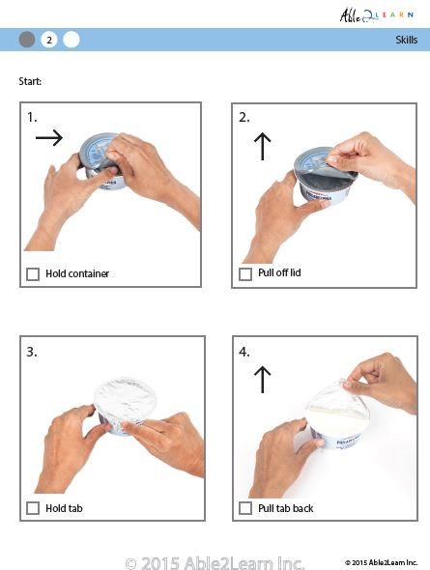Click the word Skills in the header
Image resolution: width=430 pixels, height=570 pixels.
[x=406, y=40]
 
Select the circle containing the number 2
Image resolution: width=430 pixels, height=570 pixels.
[x=49, y=40]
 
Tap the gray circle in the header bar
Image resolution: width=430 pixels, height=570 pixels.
[x=27, y=40]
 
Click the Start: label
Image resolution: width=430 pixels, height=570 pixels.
[x=31, y=81]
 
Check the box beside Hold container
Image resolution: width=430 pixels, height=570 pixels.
[x=33, y=274]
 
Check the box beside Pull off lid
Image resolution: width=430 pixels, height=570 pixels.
[x=245, y=274]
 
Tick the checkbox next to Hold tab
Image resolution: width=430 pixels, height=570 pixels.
[x=33, y=508]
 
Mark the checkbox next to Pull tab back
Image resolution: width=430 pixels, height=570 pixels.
[x=245, y=508]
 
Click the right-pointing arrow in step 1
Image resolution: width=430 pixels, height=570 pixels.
[x=48, y=138]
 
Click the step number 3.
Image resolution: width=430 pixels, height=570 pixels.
[x=32, y=352]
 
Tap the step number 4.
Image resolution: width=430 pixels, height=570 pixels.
[x=244, y=352]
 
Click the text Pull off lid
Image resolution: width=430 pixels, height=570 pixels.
[x=279, y=274]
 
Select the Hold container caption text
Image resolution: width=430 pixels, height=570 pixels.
[x=77, y=274]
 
